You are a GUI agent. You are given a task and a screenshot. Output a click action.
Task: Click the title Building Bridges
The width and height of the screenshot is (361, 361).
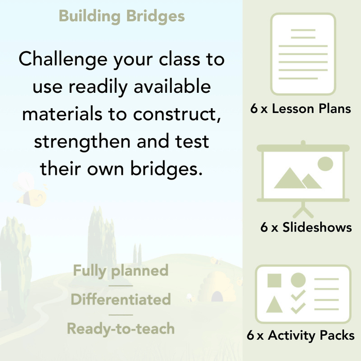pos(122,16)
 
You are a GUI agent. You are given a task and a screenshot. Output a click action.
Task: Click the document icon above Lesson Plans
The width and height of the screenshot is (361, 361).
pos(303,54)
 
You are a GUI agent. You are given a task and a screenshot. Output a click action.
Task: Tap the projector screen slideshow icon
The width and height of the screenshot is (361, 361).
pos(303,173)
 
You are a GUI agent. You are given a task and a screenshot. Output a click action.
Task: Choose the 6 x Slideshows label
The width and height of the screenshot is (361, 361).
pos(306,227)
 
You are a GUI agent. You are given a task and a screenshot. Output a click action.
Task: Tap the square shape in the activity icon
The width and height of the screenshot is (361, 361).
pos(274,281)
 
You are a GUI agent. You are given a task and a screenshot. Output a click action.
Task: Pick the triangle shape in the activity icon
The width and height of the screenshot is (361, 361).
pos(274,305)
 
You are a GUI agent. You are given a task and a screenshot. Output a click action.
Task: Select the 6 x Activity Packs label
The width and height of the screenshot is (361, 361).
pos(301,336)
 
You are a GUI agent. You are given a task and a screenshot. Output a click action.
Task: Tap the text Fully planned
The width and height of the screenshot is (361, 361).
pos(121,271)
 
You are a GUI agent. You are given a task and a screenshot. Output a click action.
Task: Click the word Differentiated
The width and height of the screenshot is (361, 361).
pos(121,300)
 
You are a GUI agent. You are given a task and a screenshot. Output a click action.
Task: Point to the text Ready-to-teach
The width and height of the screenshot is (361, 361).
pos(121,329)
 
